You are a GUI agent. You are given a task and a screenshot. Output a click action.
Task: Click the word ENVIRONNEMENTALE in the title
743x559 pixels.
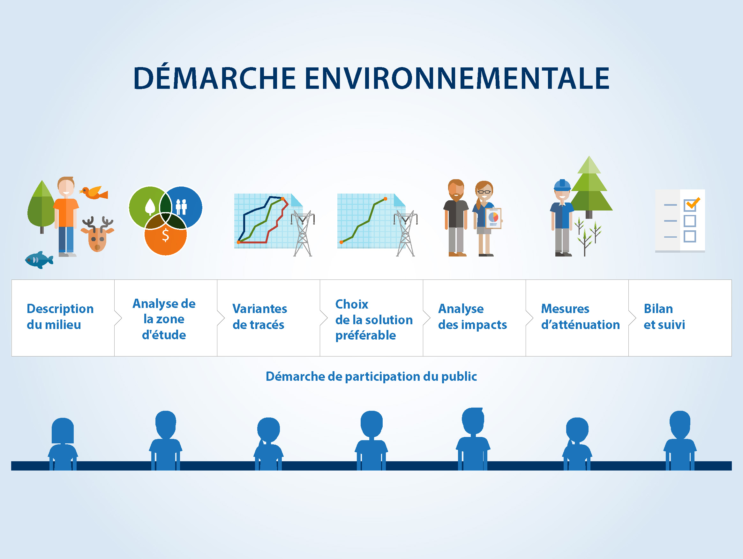[457, 78]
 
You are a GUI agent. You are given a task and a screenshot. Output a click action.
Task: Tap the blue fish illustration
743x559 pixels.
[39, 260]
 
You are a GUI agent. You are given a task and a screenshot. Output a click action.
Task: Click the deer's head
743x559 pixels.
[97, 235]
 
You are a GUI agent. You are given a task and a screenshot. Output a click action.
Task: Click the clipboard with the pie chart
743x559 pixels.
[493, 218]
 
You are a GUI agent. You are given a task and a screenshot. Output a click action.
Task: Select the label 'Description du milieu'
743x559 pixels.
[60, 317]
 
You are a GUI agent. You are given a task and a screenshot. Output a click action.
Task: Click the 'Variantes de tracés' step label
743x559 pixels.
[260, 317]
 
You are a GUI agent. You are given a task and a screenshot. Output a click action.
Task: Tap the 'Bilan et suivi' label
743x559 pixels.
[664, 317]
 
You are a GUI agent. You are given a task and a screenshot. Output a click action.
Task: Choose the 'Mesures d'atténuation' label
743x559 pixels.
[581, 317]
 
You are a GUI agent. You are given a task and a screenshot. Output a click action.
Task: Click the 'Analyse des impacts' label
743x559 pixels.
[473, 317]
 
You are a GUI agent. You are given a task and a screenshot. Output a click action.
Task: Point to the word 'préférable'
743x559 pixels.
[365, 335]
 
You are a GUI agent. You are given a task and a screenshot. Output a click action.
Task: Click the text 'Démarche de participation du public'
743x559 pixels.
[371, 377]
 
